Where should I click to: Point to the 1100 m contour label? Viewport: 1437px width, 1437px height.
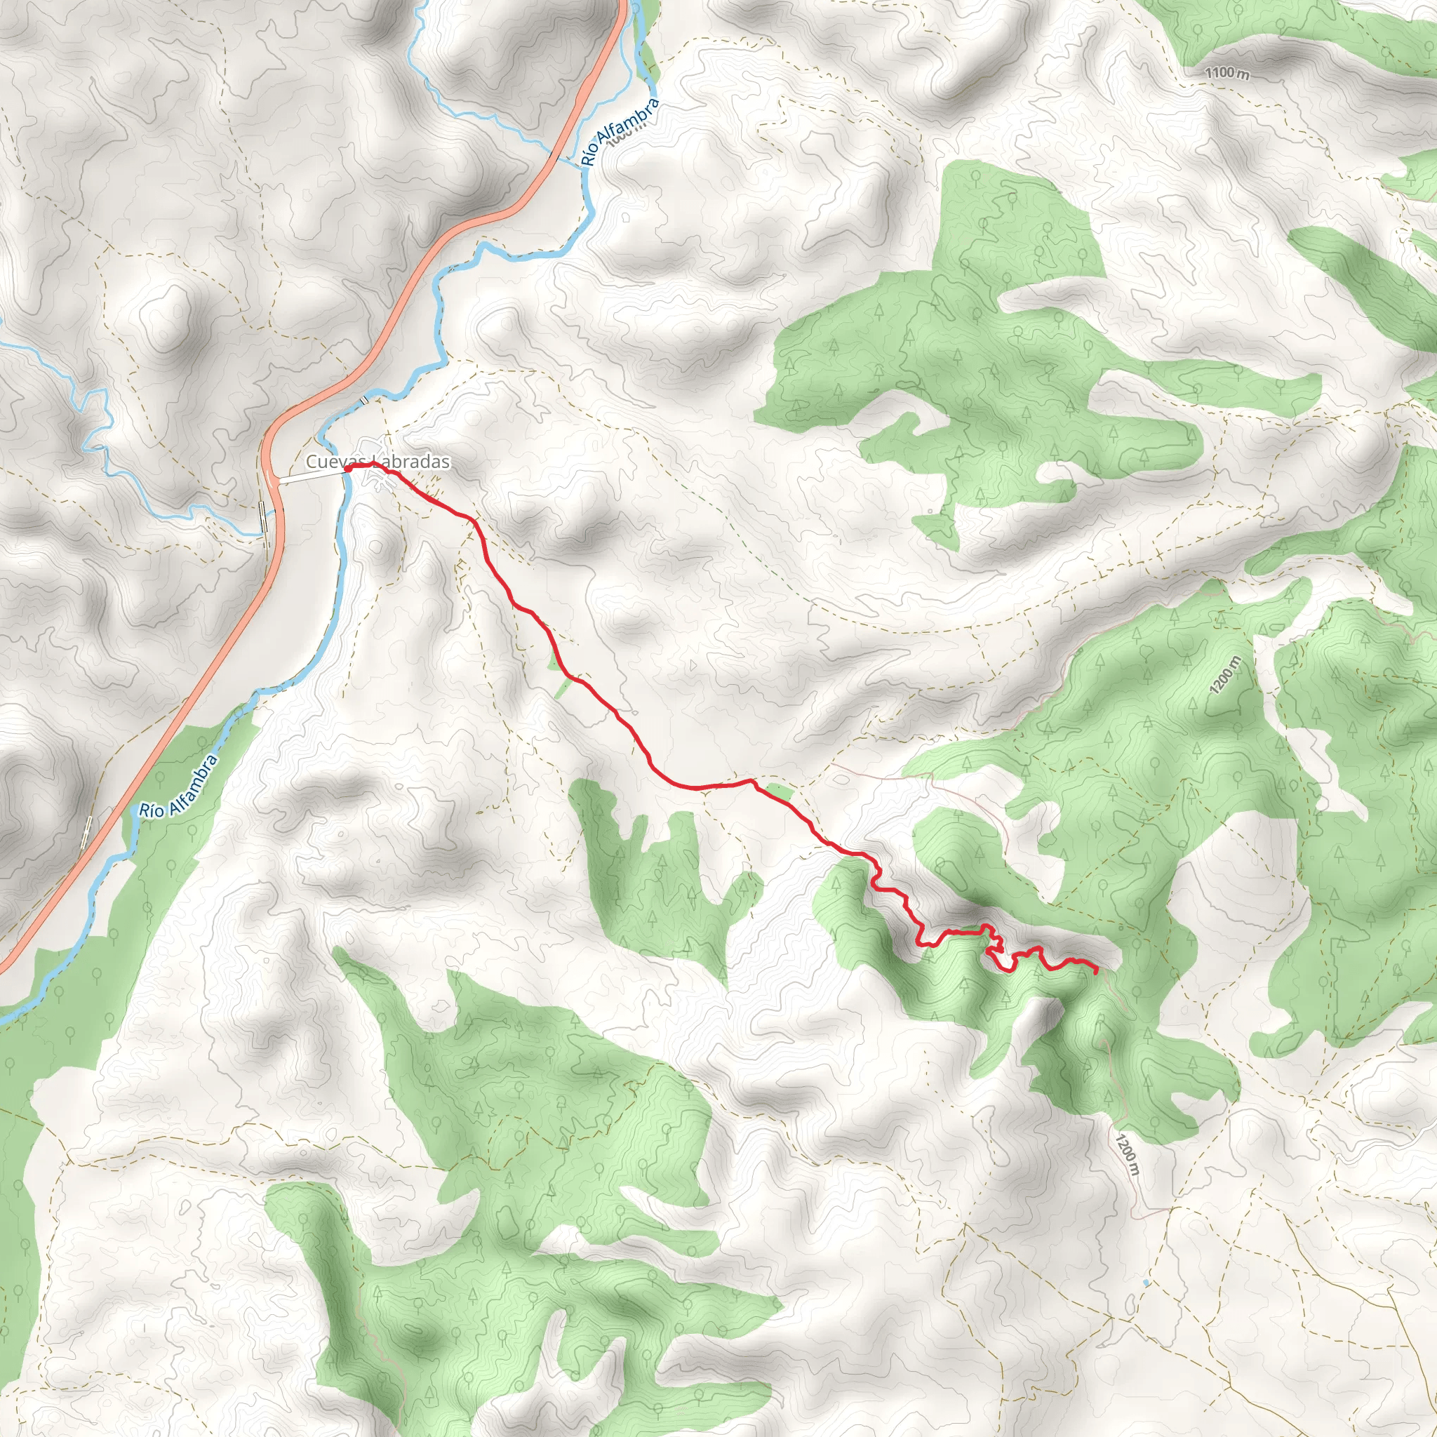point(1227,72)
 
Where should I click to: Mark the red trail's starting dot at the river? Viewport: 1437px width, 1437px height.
point(347,469)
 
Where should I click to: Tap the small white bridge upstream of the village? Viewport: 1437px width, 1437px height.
point(363,401)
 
